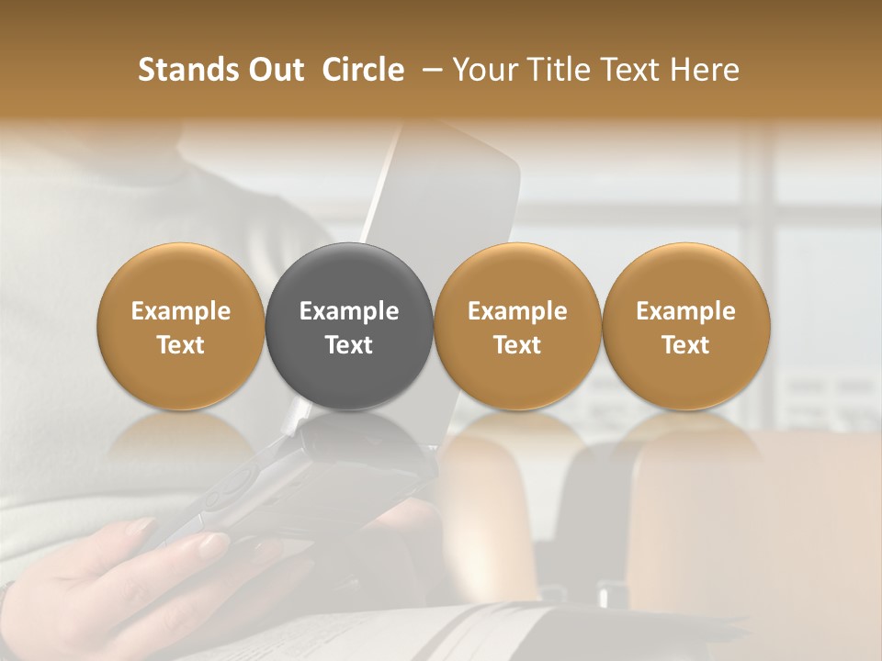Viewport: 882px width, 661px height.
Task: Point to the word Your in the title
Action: coord(485,70)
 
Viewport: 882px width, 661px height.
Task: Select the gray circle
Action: coord(349,326)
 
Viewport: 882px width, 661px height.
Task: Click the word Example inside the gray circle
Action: coord(349,311)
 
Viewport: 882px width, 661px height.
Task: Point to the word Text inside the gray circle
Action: coord(349,345)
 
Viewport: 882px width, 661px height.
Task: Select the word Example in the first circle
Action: coord(181,311)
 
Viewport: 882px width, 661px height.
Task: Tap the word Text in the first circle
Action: coord(181,345)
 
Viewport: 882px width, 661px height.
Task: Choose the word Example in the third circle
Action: coord(517,311)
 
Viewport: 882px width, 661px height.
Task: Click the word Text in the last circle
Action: coord(685,345)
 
